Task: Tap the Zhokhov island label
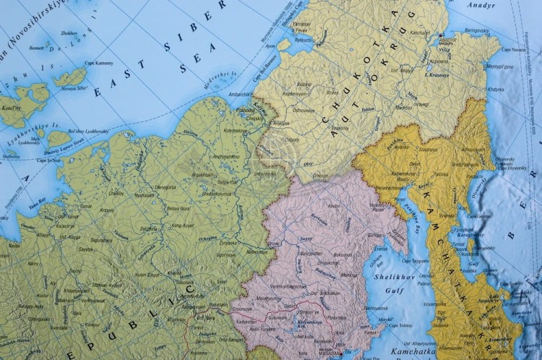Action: point(69,33)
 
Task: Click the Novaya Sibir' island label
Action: point(79,89)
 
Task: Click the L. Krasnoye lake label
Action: point(437,75)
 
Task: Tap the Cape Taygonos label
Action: point(415,260)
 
